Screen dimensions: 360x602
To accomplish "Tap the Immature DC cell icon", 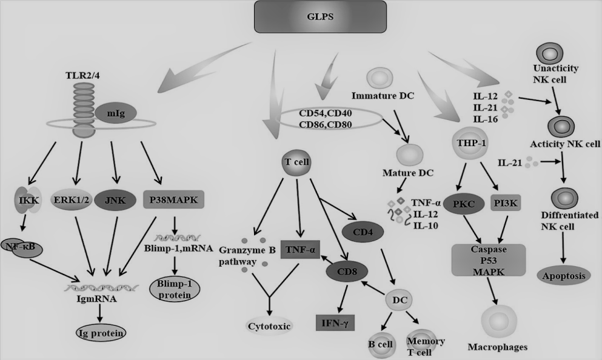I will [x=381, y=78].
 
